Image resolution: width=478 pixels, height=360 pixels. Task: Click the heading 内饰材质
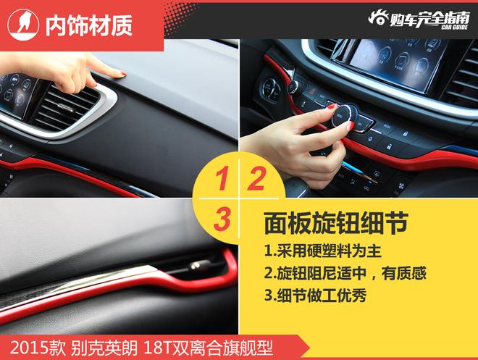pos(88,25)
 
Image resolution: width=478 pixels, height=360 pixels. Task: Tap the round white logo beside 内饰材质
pos(23,25)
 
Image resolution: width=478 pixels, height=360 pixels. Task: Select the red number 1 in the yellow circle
pos(222,179)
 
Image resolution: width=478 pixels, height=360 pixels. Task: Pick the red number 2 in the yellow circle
pos(256,179)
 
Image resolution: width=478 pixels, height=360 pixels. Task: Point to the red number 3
pos(222,219)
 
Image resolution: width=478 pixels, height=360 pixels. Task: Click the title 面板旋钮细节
pos(336,223)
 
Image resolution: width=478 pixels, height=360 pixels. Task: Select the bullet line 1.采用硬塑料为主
pos(323,251)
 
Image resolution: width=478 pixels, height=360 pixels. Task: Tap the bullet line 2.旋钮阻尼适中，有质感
pos(345,273)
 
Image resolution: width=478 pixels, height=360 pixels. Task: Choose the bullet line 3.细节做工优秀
pos(315,295)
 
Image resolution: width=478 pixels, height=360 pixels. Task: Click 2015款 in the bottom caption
pos(38,348)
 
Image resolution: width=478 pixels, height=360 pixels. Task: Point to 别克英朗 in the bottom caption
pos(104,348)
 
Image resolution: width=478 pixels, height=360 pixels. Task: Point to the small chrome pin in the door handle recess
pos(195,265)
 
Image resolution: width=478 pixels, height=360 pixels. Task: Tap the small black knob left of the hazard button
pos(295,87)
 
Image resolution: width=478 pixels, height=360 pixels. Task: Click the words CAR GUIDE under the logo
pos(455,28)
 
